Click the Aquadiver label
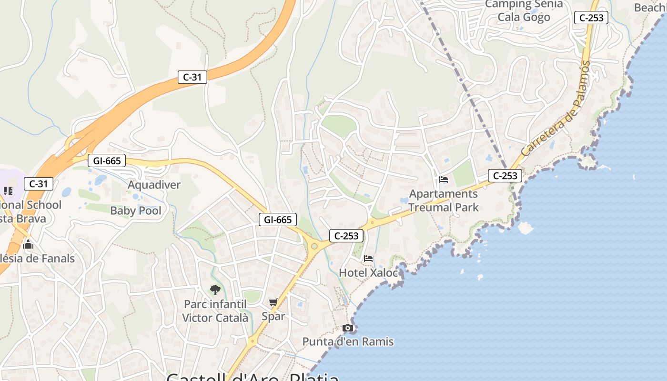(154, 185)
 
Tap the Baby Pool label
(136, 211)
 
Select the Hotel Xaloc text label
(368, 273)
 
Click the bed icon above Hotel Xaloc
(368, 259)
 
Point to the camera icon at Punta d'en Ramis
(348, 328)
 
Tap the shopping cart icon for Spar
(273, 302)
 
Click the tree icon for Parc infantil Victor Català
(215, 290)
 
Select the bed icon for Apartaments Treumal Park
(444, 180)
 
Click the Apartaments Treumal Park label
(443, 201)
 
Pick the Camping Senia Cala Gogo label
(524, 11)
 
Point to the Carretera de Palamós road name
(556, 109)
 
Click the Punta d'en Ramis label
(348, 341)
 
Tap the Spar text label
(273, 316)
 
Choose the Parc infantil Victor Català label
(215, 311)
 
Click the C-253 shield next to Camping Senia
(591, 18)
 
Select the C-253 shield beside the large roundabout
(346, 235)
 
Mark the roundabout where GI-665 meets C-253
(314, 246)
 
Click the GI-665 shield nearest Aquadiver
(107, 161)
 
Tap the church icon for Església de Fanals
(28, 245)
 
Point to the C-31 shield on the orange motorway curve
(192, 77)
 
